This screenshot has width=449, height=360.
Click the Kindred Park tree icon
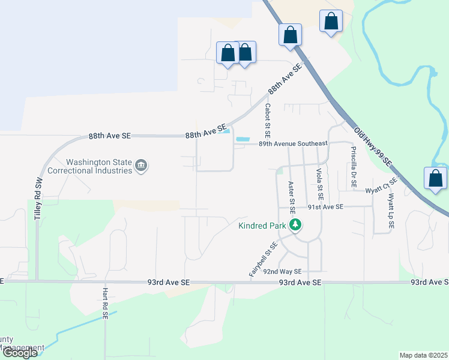295,226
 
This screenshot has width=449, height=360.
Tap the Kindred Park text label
263,226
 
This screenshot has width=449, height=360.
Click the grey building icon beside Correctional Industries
141,165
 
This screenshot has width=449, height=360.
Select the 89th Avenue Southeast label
293,143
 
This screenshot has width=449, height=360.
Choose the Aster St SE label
291,197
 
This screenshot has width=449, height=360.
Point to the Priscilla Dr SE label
354,165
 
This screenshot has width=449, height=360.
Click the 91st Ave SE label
325,206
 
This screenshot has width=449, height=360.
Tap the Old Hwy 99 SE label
373,146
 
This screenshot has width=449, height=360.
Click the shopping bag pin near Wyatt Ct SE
435,179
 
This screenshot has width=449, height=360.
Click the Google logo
19,353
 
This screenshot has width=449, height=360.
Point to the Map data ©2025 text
423,355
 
